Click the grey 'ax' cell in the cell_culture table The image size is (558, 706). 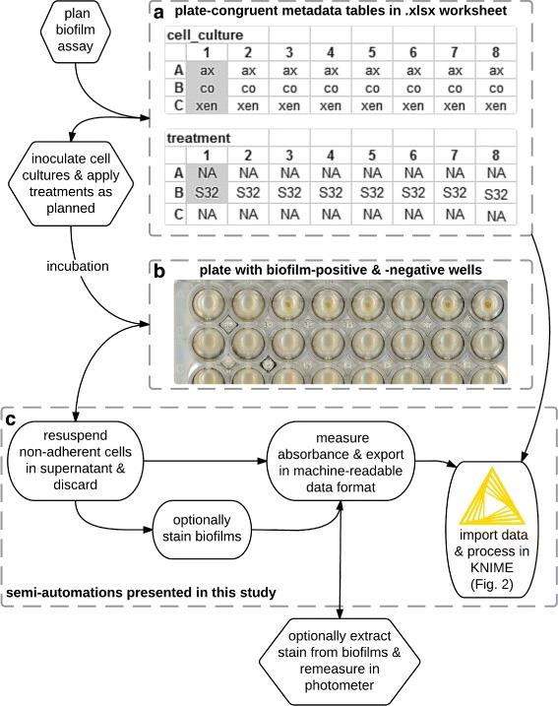click(x=207, y=70)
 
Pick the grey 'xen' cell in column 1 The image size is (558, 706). click(x=207, y=105)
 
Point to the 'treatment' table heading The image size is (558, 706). click(x=196, y=138)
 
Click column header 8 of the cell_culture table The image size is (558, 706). click(x=494, y=51)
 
